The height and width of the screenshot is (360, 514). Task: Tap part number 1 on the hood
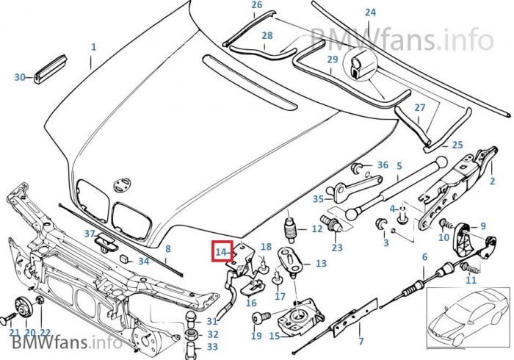93,47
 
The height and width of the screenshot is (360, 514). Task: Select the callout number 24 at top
370,12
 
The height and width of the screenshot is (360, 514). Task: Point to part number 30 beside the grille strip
19,76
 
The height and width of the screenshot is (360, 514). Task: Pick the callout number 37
89,234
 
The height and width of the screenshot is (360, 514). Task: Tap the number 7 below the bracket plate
361,341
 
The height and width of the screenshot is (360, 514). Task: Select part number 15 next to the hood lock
275,336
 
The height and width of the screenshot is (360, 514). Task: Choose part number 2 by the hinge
492,181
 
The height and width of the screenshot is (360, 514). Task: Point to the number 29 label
333,60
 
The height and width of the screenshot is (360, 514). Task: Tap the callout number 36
383,165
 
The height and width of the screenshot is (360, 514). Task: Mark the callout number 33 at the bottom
212,346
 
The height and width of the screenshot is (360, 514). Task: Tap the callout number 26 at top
256,5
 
